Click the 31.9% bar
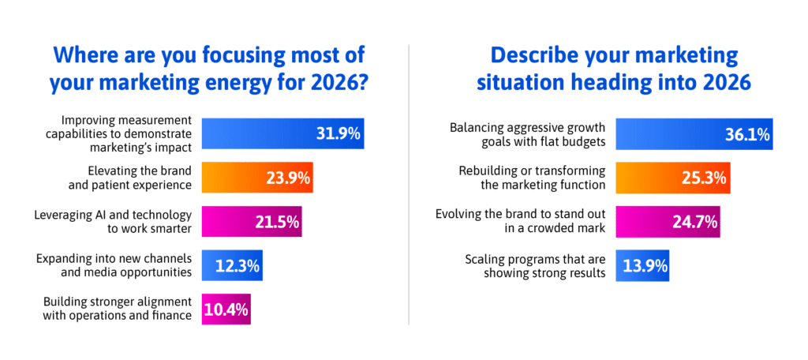[282, 133]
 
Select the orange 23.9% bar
[257, 178]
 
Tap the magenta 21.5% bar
[251, 222]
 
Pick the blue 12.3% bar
[232, 266]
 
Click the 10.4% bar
[227, 310]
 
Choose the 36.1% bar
[694, 133]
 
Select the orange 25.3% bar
[671, 178]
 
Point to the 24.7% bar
[668, 222]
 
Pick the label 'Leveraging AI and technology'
[114, 222]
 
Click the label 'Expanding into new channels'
[115, 266]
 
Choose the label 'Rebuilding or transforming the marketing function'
[532, 178]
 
